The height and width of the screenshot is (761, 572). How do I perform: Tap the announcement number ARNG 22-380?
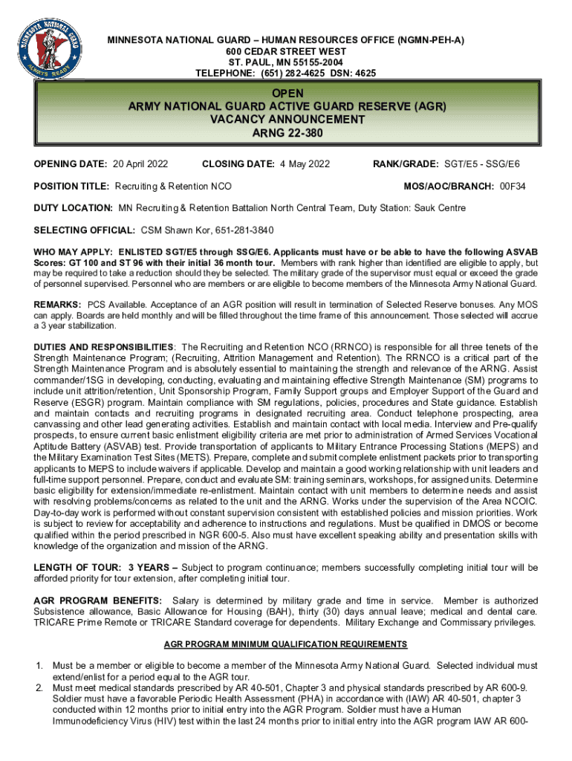(x=286, y=132)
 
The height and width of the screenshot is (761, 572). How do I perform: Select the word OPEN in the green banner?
(x=286, y=94)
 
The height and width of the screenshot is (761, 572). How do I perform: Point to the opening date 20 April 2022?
(x=140, y=163)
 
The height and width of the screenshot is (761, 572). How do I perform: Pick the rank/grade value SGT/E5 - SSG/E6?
(x=482, y=163)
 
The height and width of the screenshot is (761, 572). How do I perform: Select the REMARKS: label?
(x=57, y=305)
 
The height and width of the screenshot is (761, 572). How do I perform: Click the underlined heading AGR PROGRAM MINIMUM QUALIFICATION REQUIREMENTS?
(x=286, y=644)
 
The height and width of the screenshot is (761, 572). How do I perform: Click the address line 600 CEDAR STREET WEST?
(x=286, y=51)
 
